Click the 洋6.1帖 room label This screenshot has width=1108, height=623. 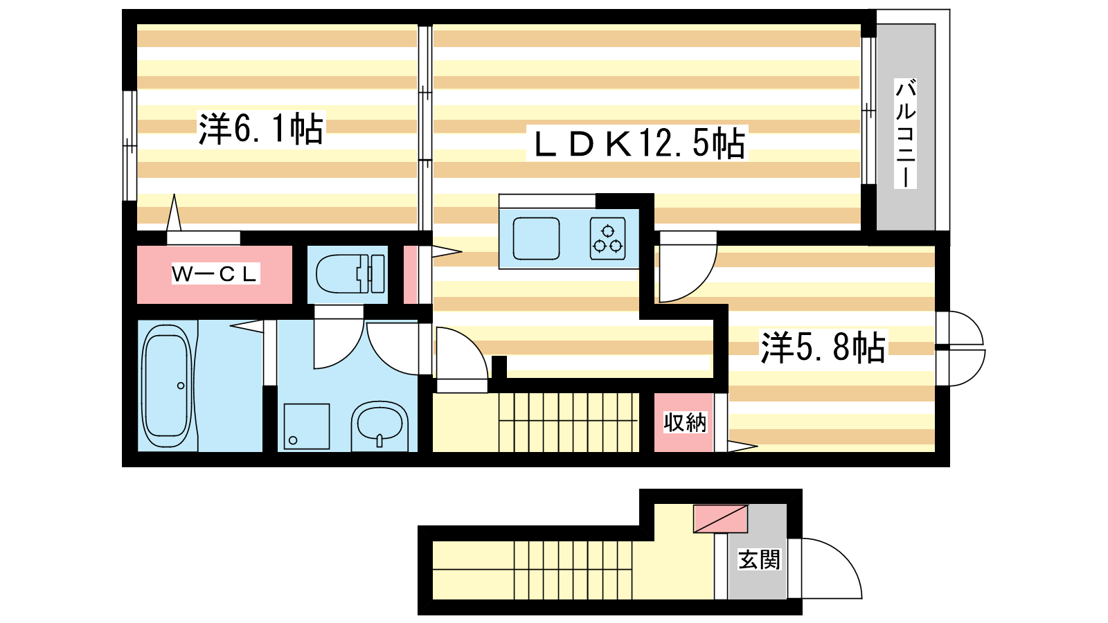(x=260, y=128)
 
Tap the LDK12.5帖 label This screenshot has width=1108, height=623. (x=638, y=143)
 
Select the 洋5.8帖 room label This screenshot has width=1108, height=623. (x=823, y=347)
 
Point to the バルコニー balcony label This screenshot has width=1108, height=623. (x=905, y=134)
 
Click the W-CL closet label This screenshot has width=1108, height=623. (x=215, y=274)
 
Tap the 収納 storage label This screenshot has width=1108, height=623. (x=685, y=422)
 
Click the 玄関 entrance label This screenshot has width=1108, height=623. (x=759, y=559)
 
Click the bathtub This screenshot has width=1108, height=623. (x=167, y=386)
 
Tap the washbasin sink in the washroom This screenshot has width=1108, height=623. (x=379, y=426)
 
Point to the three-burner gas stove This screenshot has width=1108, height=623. (x=607, y=240)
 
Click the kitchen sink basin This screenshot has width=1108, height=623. (x=536, y=239)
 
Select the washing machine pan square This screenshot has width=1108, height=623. (x=307, y=426)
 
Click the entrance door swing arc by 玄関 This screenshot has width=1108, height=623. (x=832, y=568)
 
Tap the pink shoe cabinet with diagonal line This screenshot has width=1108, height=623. (x=720, y=518)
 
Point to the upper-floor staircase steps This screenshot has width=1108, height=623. (x=569, y=422)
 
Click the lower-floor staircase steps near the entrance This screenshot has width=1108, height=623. (x=573, y=570)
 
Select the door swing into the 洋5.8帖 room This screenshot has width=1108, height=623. (x=688, y=267)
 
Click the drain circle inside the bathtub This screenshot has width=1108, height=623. (x=181, y=386)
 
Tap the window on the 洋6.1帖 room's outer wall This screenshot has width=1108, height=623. (x=129, y=146)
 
